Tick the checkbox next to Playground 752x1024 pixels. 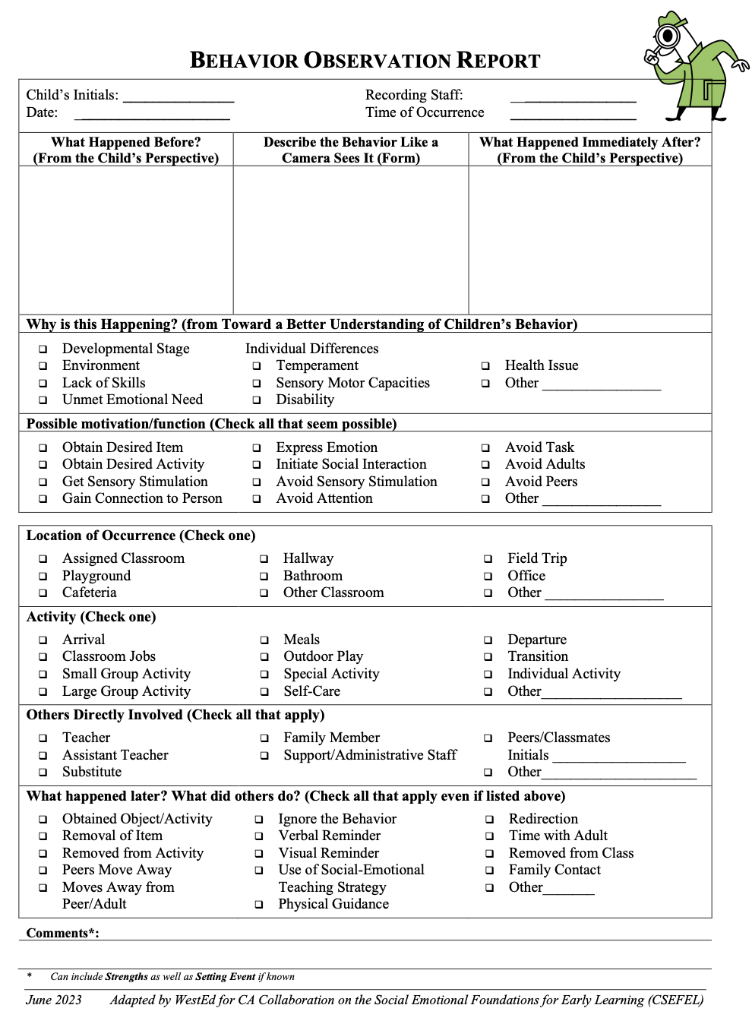[43, 577]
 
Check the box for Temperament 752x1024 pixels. [257, 366]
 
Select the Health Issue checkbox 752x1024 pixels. [485, 366]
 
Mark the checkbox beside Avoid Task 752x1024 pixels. [485, 448]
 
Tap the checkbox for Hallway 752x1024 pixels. [264, 559]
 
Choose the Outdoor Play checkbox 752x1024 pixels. [264, 657]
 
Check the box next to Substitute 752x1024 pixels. [43, 773]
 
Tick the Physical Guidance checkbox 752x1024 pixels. [259, 905]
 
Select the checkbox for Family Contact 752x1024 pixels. [490, 871]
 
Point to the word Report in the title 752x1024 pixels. [498, 61]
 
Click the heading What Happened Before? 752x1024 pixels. [126, 142]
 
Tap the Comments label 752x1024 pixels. [62, 934]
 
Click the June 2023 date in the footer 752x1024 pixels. [54, 1000]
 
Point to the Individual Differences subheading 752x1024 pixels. [311, 349]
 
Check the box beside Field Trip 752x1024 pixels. [488, 559]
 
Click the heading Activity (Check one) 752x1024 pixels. [91, 617]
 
